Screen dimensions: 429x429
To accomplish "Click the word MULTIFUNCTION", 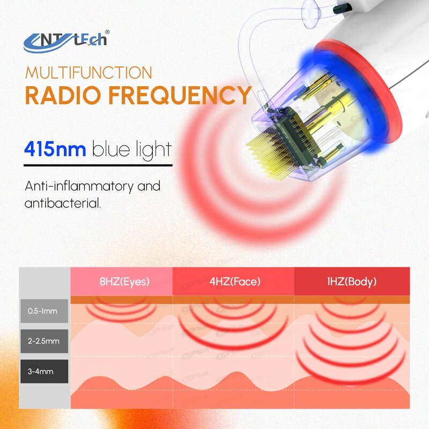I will pos(88,72).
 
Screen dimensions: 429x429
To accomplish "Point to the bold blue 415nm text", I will pos(55,149).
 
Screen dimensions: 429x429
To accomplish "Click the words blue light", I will pos(132,149).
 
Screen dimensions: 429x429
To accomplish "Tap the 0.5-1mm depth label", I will pos(44,310).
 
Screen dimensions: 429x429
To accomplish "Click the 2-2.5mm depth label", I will pos(44,341).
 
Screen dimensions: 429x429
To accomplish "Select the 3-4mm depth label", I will pos(44,371).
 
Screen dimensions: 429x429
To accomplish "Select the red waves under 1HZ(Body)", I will pos(351,343).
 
